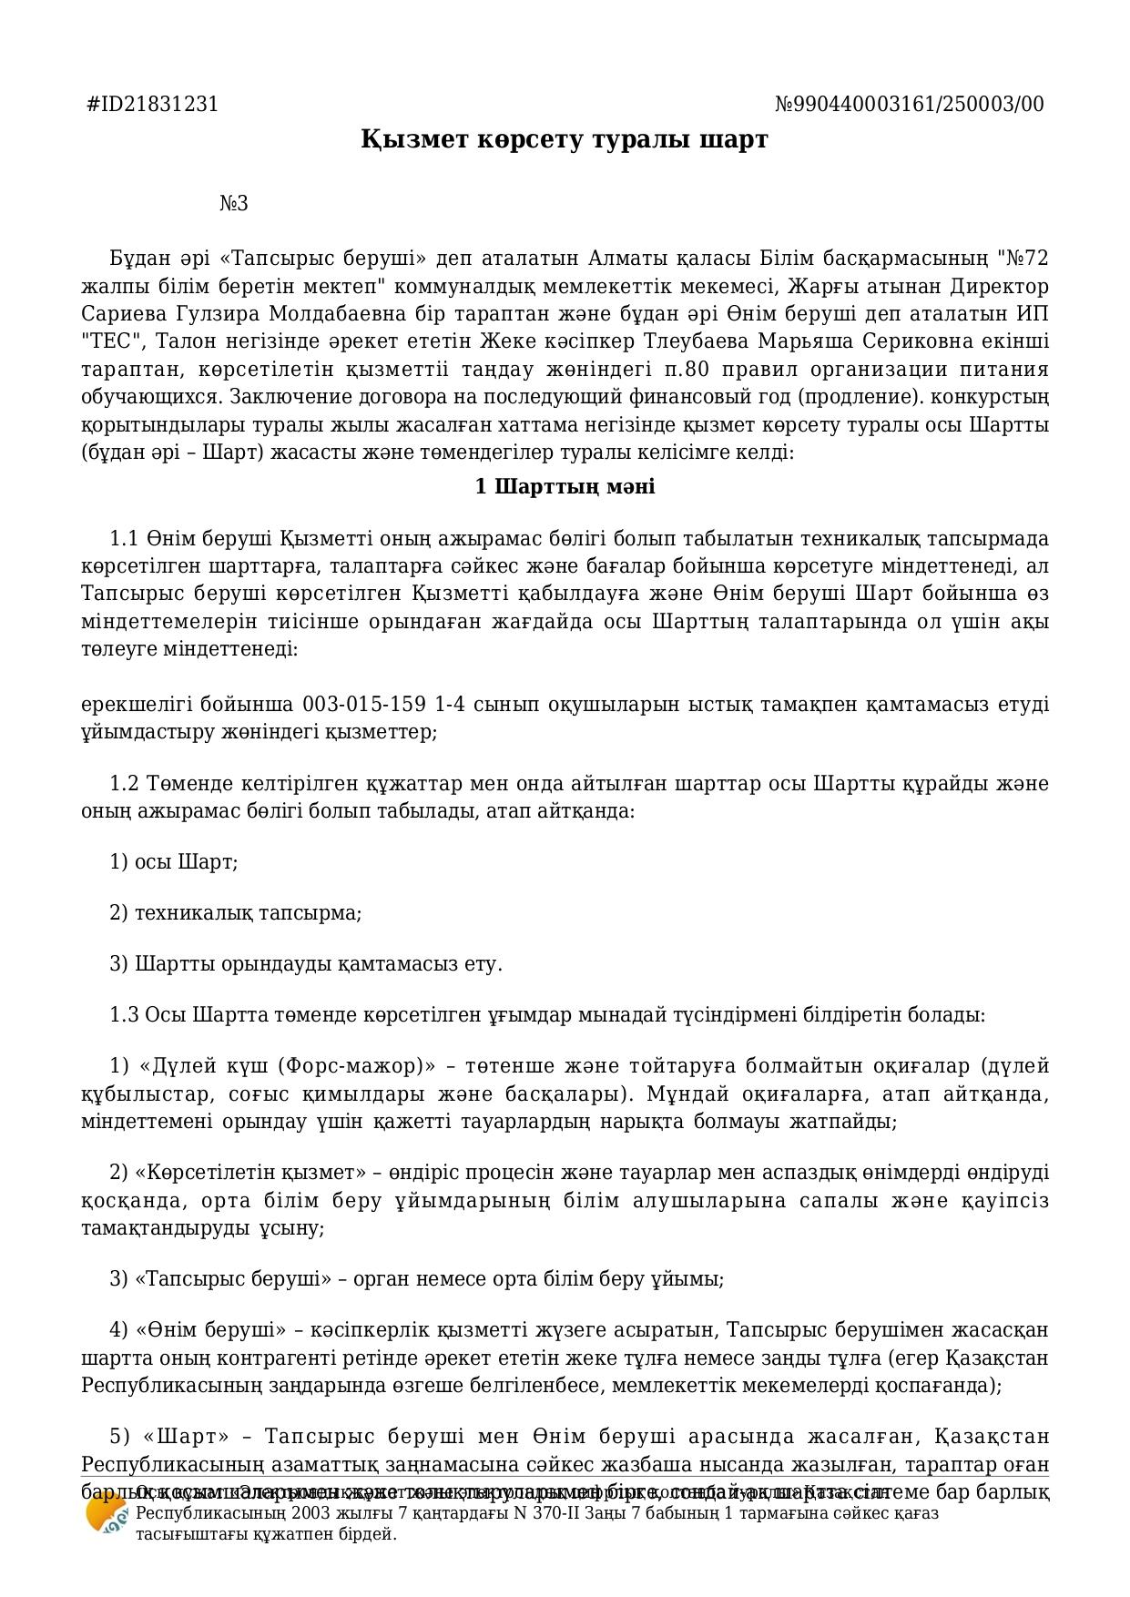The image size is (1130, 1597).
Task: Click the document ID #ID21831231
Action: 152,104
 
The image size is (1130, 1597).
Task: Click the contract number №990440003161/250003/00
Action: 909,104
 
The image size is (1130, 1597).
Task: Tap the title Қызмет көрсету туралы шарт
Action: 565,139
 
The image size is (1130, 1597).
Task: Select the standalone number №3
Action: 234,203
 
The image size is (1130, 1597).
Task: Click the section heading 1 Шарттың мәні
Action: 565,486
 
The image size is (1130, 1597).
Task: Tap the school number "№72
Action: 1023,259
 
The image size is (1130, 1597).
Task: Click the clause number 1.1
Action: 123,538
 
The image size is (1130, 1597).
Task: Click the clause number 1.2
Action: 123,784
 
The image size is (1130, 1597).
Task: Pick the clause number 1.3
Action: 125,1014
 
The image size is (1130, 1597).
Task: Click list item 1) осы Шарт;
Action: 174,861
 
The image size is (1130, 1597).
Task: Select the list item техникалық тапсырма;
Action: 248,912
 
